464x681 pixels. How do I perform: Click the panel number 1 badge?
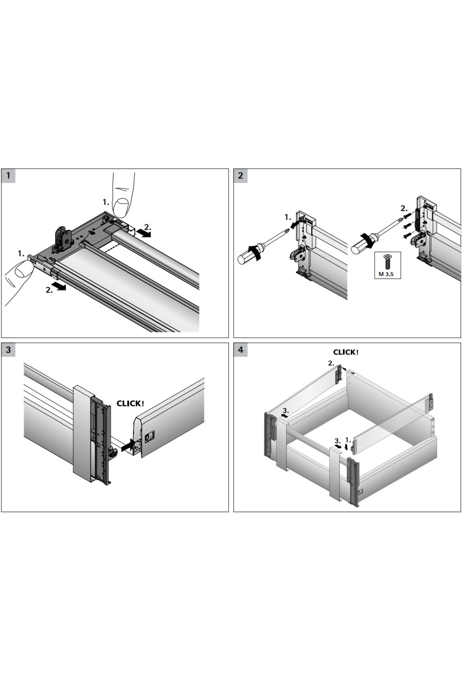click(8, 176)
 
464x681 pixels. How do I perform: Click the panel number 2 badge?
click(241, 176)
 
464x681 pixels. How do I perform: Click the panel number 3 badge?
click(8, 350)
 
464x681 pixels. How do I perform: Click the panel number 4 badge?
click(241, 350)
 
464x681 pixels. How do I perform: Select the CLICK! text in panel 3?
click(130, 404)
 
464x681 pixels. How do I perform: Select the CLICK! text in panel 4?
click(346, 352)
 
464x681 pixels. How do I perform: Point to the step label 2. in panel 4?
click(331, 363)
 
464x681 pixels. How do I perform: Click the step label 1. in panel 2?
click(288, 217)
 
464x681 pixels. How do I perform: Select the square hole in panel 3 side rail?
click(148, 437)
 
